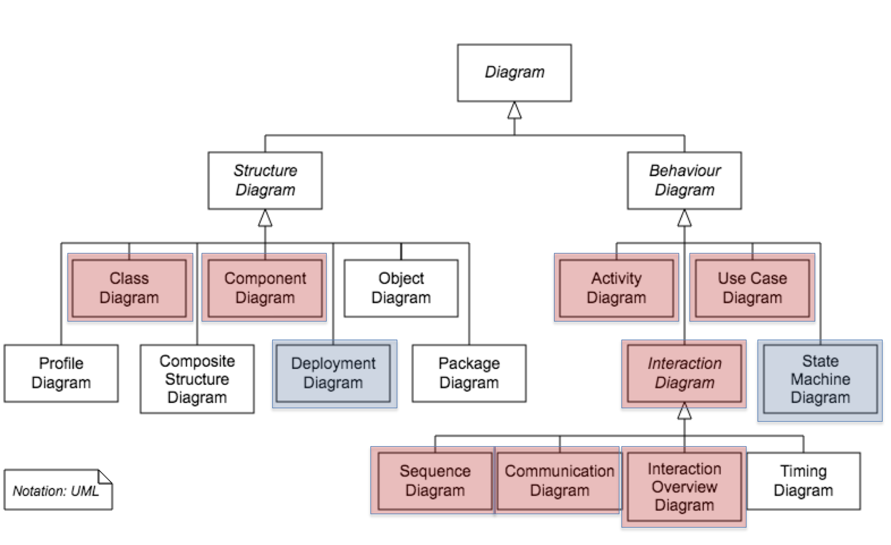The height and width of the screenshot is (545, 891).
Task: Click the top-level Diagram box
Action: [x=514, y=73]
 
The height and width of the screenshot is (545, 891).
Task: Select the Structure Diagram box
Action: [x=265, y=180]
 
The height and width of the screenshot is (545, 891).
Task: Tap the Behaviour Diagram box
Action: [x=684, y=180]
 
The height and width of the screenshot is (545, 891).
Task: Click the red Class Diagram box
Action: [x=129, y=288]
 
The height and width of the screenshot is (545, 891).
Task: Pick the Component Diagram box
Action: [x=265, y=288]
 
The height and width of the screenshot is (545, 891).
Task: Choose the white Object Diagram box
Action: [x=401, y=288]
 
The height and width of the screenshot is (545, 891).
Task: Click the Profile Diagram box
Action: [x=61, y=373]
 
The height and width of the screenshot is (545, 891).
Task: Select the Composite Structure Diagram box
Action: [x=197, y=379]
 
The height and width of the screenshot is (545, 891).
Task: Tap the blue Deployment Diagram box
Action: [x=333, y=373]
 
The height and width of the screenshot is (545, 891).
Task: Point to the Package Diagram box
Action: [x=469, y=373]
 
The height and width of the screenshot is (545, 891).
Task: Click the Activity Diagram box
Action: [x=616, y=288]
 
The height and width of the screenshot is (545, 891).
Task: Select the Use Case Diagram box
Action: [x=752, y=288]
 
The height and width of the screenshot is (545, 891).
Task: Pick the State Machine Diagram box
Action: [x=820, y=379]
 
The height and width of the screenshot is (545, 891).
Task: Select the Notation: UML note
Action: [x=56, y=490]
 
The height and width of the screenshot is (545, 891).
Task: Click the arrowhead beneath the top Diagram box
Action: [x=514, y=111]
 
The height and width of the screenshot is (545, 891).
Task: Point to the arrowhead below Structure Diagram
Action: [x=265, y=219]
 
